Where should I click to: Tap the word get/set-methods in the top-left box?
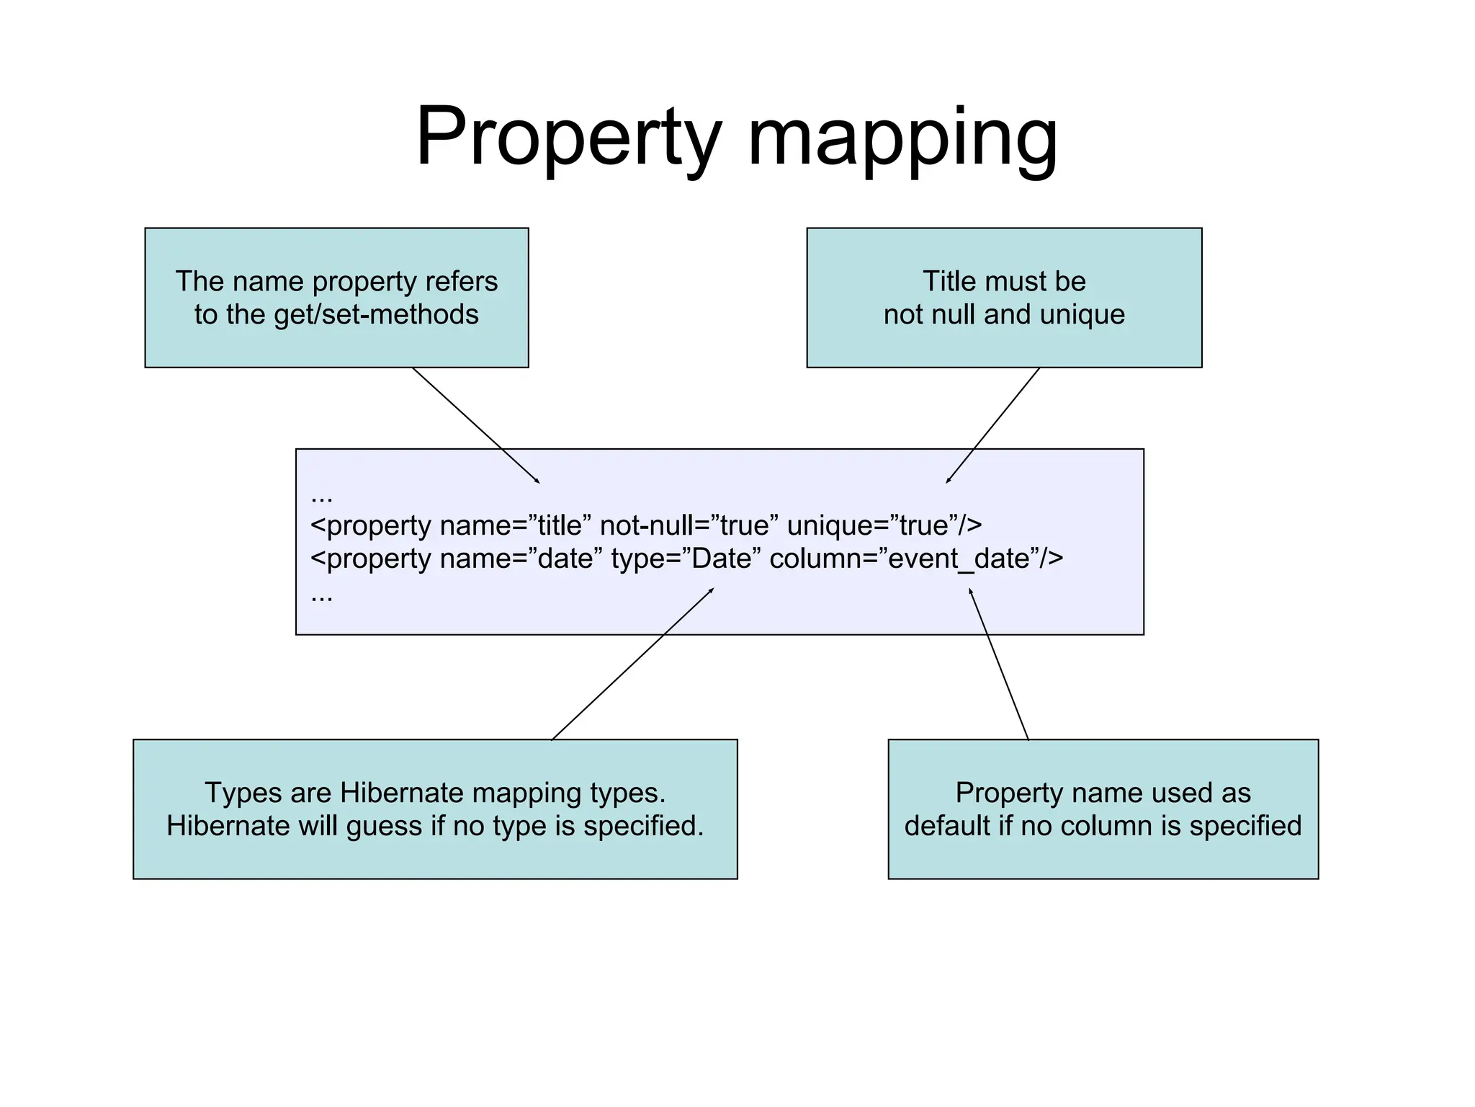376,315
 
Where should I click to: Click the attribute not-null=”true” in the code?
689,525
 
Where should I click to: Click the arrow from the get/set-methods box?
475,425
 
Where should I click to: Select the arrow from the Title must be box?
993,425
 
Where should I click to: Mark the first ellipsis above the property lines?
321,497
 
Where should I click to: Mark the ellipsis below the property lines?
321,597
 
